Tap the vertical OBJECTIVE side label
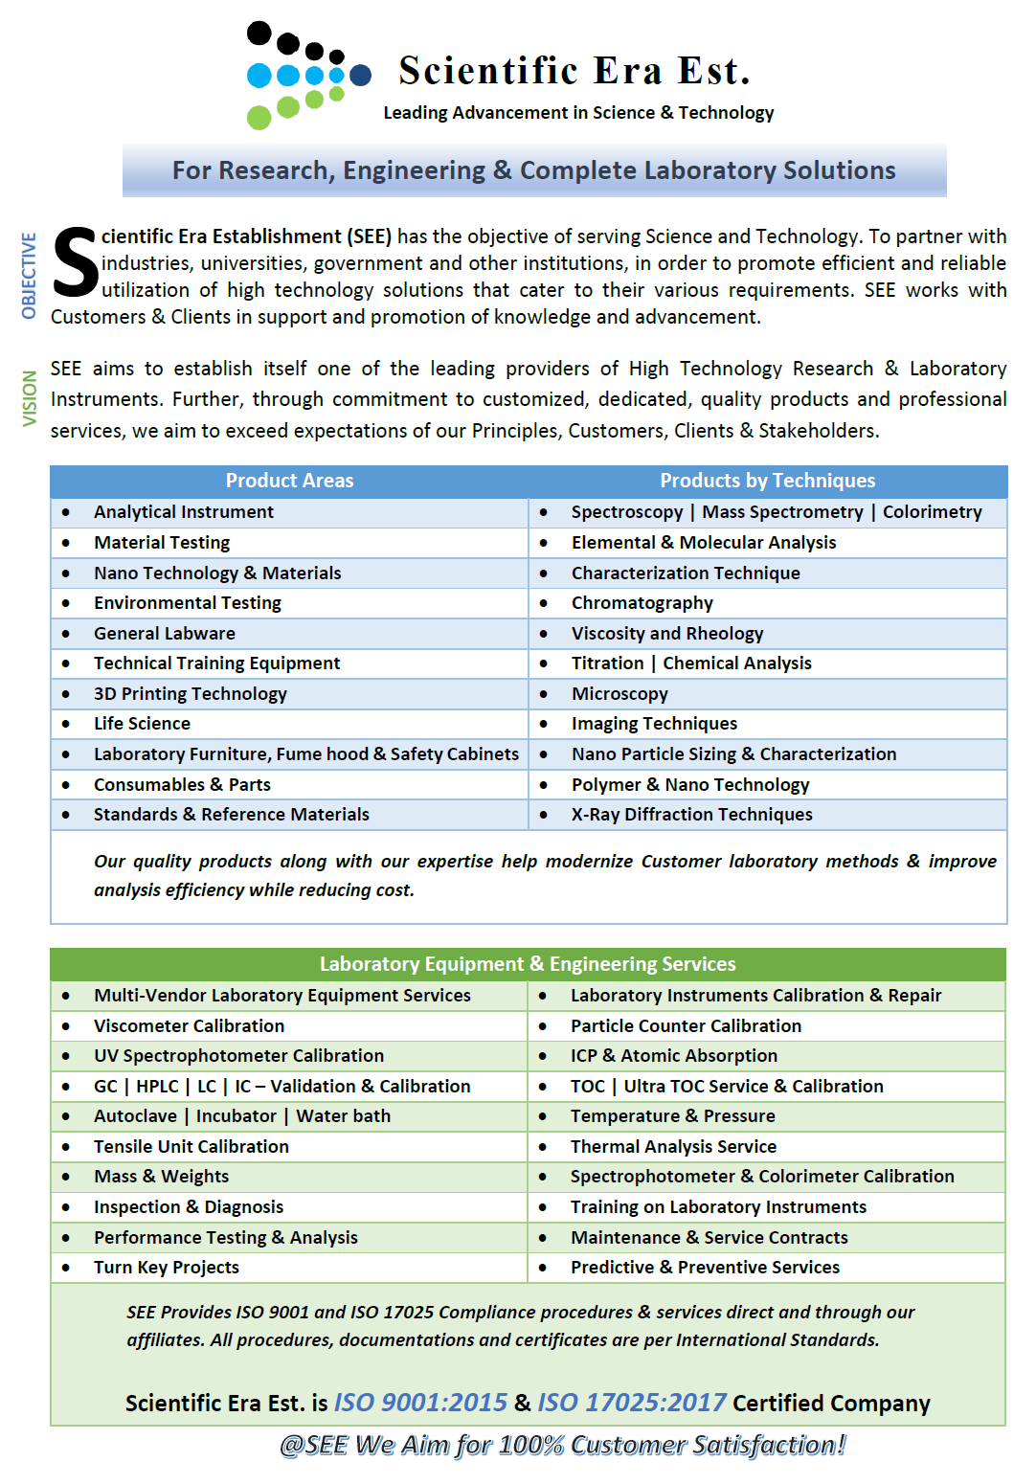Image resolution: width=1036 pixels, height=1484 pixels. coord(29,275)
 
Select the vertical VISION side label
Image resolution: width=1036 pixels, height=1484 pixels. coord(30,398)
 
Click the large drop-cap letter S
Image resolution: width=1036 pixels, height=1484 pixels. coord(75,262)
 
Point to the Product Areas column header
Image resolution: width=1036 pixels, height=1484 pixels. coord(289,481)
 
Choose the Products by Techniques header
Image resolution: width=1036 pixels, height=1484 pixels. coord(767,481)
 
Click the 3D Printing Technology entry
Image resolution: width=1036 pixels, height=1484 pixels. coord(190,694)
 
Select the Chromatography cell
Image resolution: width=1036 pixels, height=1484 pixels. coord(642,603)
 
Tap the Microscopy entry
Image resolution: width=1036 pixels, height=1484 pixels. coord(619,694)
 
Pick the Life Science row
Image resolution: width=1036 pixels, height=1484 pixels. coord(142,724)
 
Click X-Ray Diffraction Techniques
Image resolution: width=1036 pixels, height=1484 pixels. coord(691,815)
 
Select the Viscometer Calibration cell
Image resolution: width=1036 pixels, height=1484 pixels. coord(189,1026)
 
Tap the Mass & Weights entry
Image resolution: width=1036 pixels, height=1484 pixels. coord(161,1177)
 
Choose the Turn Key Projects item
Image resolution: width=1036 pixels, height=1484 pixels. coord(166,1268)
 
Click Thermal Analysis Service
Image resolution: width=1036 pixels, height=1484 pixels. coord(673,1147)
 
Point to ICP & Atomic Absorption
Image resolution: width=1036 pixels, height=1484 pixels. coord(673,1056)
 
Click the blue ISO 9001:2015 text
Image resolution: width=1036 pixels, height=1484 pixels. coord(420,1403)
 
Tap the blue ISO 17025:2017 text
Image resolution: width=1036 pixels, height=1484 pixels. coord(632,1403)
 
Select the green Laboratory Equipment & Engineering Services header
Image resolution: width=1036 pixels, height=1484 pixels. coord(528,964)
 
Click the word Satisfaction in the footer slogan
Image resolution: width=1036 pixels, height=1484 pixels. coord(770,1445)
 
